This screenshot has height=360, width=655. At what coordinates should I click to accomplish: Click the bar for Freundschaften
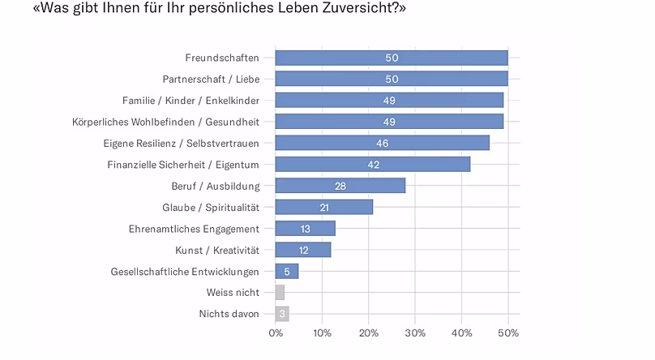click(392, 58)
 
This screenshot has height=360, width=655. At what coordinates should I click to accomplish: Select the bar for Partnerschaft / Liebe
click(392, 79)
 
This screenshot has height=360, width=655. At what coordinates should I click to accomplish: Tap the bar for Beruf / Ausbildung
click(340, 186)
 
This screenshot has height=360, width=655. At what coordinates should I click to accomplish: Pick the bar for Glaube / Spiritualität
click(323, 207)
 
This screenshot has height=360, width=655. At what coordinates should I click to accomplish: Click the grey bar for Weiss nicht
click(280, 293)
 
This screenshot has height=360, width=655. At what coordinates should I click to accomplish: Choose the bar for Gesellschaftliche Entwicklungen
click(287, 272)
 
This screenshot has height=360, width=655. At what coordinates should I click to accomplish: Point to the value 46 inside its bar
click(383, 144)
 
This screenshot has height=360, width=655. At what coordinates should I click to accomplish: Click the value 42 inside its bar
click(374, 165)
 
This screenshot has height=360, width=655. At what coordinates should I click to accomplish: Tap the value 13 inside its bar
click(306, 229)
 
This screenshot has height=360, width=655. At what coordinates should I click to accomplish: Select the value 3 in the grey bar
click(282, 314)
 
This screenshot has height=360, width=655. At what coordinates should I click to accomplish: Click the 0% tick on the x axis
click(276, 333)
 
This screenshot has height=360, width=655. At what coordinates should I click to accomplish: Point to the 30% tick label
click(415, 333)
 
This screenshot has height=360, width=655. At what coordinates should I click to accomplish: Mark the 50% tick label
click(508, 333)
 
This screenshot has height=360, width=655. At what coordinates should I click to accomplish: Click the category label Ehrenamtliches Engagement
click(194, 229)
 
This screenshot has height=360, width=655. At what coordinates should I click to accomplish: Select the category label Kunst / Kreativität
click(217, 251)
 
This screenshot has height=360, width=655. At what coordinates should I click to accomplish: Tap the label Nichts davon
click(229, 314)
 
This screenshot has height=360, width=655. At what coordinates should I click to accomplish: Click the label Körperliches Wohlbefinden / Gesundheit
click(166, 122)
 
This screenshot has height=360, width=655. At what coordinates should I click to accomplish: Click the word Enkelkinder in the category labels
click(233, 101)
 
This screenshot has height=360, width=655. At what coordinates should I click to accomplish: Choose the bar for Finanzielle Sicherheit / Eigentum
click(373, 165)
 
